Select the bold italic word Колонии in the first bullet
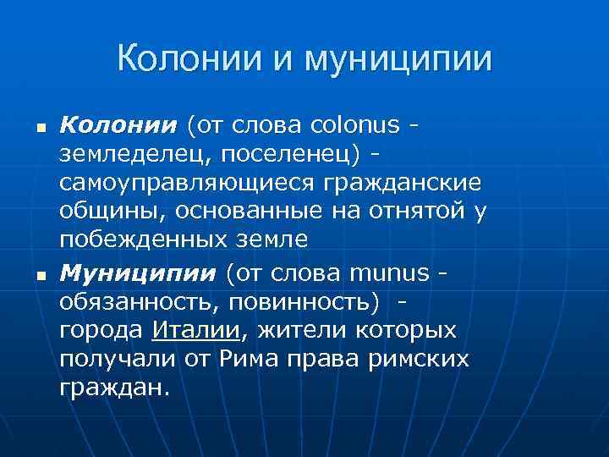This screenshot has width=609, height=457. coord(118,125)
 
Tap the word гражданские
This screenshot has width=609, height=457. coord(409,183)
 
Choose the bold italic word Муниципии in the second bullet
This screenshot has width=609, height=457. coord(137,273)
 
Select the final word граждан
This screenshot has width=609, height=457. coord(114,387)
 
